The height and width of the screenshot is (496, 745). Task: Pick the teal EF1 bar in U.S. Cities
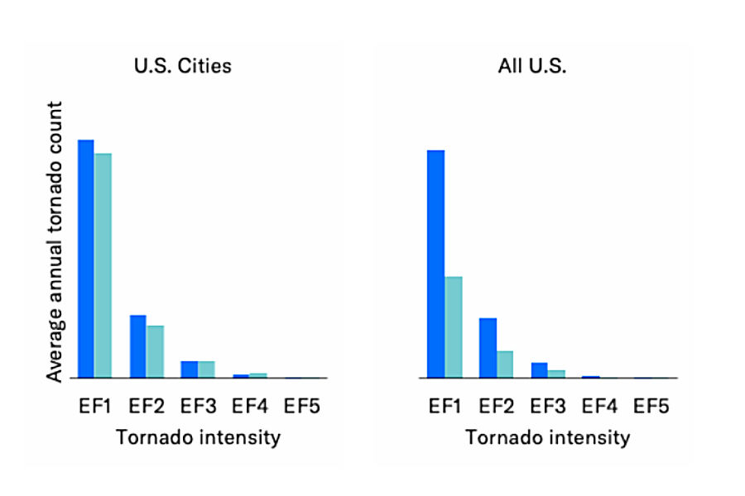(103, 265)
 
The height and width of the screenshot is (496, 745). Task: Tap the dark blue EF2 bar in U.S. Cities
(137, 346)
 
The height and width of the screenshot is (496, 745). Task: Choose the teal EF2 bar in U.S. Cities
(155, 351)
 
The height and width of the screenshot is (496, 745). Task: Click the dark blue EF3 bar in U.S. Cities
(189, 370)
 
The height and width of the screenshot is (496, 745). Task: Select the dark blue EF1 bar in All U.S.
(435, 264)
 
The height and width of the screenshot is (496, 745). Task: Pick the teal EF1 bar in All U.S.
(454, 327)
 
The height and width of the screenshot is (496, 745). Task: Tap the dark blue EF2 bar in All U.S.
(488, 347)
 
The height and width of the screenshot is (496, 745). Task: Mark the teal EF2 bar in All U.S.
(505, 364)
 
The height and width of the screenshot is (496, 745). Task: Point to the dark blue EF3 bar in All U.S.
(539, 370)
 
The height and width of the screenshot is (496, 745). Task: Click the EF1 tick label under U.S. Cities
(94, 406)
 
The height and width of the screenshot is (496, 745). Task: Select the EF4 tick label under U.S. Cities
(249, 406)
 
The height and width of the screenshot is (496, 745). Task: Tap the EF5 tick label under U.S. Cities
(301, 406)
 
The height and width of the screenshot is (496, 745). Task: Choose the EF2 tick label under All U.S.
(496, 406)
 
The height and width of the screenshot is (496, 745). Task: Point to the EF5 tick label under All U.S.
(651, 406)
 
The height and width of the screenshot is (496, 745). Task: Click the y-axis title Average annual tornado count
(55, 241)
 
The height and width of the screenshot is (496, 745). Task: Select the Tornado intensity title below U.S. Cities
(198, 437)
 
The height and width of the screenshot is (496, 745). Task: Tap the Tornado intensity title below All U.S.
(547, 437)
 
